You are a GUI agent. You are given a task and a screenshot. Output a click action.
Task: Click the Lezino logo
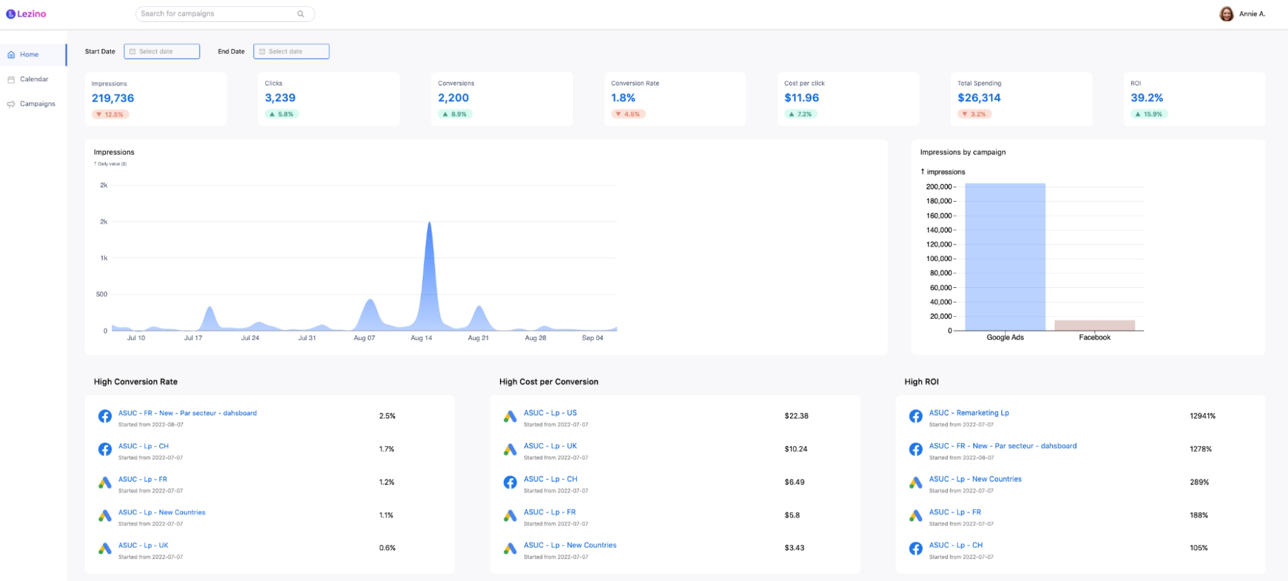pos(26,14)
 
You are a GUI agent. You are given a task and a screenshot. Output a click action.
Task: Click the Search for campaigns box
pos(219,14)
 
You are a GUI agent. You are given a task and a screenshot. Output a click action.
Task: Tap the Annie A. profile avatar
pos(1226,14)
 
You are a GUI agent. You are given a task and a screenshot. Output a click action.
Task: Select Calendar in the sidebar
pos(34,79)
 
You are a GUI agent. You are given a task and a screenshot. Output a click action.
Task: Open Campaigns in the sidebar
pos(37,104)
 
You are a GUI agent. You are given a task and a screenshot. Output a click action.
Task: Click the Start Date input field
pos(162,52)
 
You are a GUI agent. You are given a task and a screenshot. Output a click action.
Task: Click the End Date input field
pos(291,52)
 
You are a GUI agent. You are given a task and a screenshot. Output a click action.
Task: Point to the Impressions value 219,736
pos(113,98)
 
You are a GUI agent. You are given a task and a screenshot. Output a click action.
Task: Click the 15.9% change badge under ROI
pos(1149,114)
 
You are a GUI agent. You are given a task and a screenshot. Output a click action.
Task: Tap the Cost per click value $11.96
pos(802,98)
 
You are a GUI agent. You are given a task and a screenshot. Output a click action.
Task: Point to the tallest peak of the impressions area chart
pos(429,224)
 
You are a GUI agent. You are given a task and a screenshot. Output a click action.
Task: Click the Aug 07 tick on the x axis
pos(364,338)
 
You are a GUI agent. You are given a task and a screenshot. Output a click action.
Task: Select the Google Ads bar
pos(1004,257)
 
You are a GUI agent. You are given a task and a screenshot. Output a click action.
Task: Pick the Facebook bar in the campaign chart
pos(1094,325)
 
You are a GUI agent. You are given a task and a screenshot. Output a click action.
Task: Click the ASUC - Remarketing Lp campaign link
pos(968,413)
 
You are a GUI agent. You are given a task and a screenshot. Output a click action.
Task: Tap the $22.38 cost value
pos(796,416)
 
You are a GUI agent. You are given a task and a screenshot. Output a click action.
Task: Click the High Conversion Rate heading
pos(135,382)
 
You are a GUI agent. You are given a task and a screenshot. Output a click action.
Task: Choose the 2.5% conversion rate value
pos(387,416)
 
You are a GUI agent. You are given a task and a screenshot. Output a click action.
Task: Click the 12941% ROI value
pos(1202,416)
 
